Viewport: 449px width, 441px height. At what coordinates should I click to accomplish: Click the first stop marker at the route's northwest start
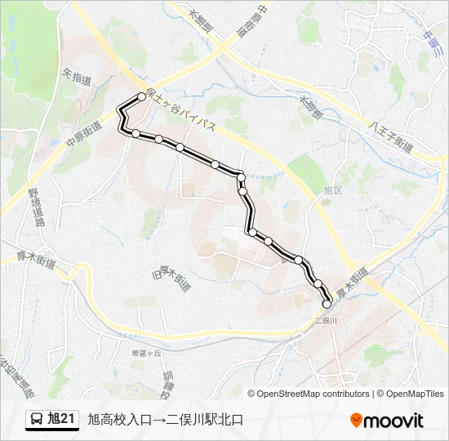click(x=141, y=96)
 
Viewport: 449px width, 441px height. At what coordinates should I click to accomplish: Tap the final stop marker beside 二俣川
click(x=327, y=304)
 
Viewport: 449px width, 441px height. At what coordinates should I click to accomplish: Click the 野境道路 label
click(x=35, y=208)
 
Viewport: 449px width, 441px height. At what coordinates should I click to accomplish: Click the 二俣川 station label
click(x=327, y=321)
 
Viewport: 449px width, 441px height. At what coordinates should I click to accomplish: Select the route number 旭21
click(x=62, y=420)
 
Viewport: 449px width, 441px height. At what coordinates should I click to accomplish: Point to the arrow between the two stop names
click(x=158, y=420)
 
